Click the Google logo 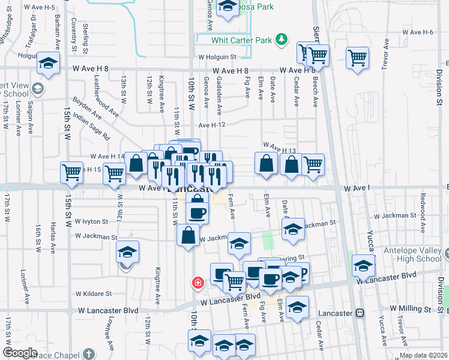click(x=20, y=353)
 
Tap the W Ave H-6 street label click(x=418, y=31)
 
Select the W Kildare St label click(x=94, y=294)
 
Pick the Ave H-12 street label click(x=212, y=125)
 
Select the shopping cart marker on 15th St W click(x=71, y=172)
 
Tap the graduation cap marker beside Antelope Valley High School click(x=363, y=265)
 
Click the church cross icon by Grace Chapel click(x=89, y=353)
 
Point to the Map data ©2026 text click(x=423, y=355)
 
